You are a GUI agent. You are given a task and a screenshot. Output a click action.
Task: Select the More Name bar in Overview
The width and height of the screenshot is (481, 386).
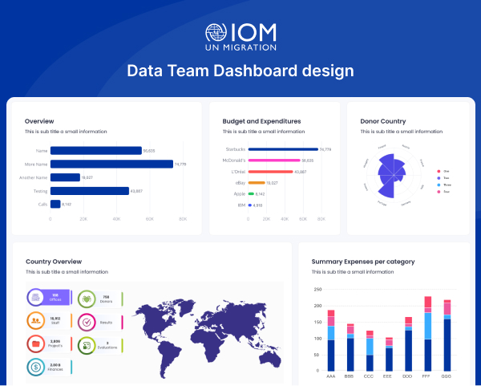[112, 164]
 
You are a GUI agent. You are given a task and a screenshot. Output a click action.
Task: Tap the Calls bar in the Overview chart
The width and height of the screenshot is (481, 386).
[55, 204]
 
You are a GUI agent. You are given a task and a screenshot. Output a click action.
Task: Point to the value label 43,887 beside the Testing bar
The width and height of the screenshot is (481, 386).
[137, 191]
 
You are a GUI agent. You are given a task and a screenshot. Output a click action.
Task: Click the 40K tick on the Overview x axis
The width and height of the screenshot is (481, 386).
[117, 218]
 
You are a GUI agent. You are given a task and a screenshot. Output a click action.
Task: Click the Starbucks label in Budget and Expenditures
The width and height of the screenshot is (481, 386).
[233, 149]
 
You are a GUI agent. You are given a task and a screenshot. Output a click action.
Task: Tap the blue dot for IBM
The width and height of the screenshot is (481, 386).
[250, 205]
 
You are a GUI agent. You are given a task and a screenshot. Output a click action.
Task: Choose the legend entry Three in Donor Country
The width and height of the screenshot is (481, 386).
[447, 185]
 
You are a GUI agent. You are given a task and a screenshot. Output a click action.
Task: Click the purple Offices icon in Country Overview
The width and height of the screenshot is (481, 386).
[36, 297]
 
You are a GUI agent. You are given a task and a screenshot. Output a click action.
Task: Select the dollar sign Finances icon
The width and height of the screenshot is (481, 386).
[36, 366]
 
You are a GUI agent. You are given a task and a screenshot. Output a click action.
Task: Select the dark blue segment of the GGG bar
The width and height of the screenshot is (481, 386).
[447, 344]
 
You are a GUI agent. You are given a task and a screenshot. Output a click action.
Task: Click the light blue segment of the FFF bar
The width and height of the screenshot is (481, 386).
[427, 326]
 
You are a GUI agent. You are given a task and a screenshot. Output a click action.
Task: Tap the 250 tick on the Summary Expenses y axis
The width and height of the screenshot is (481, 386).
[317, 290]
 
